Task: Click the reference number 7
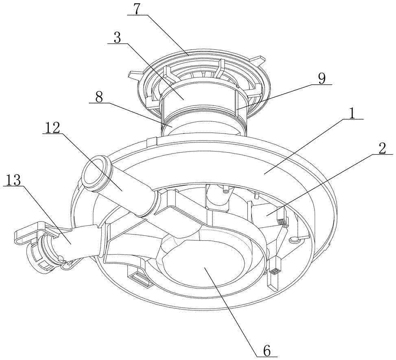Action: click(x=137, y=9)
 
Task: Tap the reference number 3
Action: click(x=117, y=37)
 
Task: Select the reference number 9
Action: click(x=322, y=79)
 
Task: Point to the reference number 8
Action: click(x=99, y=97)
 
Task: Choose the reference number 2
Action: click(x=382, y=149)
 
